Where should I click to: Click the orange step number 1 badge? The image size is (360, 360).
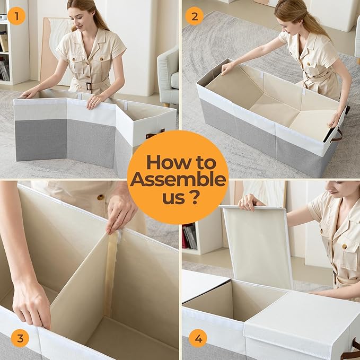tap(16, 16)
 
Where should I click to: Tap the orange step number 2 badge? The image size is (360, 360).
tap(195, 16)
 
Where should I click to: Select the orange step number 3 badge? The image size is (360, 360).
tap(20, 338)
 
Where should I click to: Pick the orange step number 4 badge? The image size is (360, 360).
tap(198, 338)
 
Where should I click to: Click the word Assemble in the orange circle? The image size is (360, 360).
tap(178, 180)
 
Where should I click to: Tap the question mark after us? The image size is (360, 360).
tap(195, 197)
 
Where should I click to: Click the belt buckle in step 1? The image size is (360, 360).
tap(89, 86)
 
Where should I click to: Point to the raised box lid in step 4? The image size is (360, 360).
tap(257, 246)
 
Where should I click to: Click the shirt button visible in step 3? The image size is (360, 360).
tap(100, 197)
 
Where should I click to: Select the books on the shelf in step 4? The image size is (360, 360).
tap(189, 236)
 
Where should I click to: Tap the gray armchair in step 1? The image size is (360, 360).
tap(168, 76)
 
